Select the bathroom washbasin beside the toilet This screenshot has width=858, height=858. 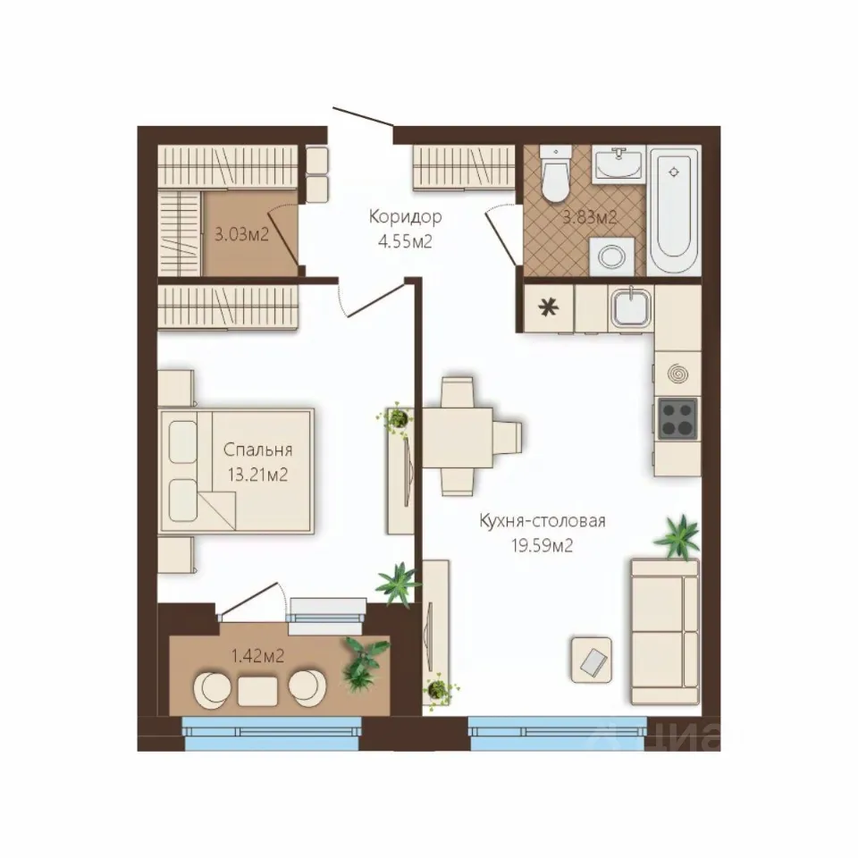618,163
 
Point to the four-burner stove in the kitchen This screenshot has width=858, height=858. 677,418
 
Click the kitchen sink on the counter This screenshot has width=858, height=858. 632,308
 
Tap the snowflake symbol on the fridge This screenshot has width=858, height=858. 548,308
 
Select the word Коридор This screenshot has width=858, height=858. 405,216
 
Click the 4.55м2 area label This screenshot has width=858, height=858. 405,241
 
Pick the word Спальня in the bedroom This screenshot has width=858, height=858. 257,450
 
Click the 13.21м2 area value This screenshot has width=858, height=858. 257,475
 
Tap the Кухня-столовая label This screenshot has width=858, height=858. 543,520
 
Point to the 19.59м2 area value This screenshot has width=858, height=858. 543,545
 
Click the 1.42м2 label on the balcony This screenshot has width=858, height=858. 257,655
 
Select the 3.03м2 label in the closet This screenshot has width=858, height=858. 241,235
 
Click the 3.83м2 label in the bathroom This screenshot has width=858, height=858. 590,218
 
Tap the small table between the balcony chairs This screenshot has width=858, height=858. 257,691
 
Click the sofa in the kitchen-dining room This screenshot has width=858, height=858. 665,631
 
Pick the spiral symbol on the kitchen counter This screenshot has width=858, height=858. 678,374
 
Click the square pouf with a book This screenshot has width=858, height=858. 591,660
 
